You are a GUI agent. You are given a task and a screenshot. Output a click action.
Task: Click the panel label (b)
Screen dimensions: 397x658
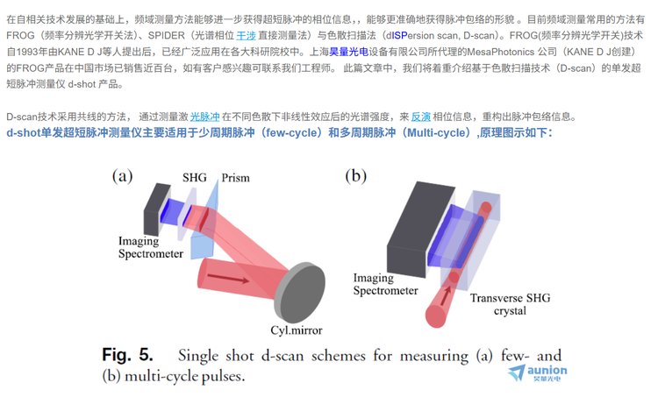click(x=355, y=175)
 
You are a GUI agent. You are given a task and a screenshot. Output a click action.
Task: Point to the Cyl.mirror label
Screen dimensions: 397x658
click(x=290, y=330)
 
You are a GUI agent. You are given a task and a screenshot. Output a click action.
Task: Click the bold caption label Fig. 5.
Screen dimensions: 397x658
click(x=127, y=356)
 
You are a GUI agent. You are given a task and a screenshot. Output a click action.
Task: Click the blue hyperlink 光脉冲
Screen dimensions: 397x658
click(x=205, y=115)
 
